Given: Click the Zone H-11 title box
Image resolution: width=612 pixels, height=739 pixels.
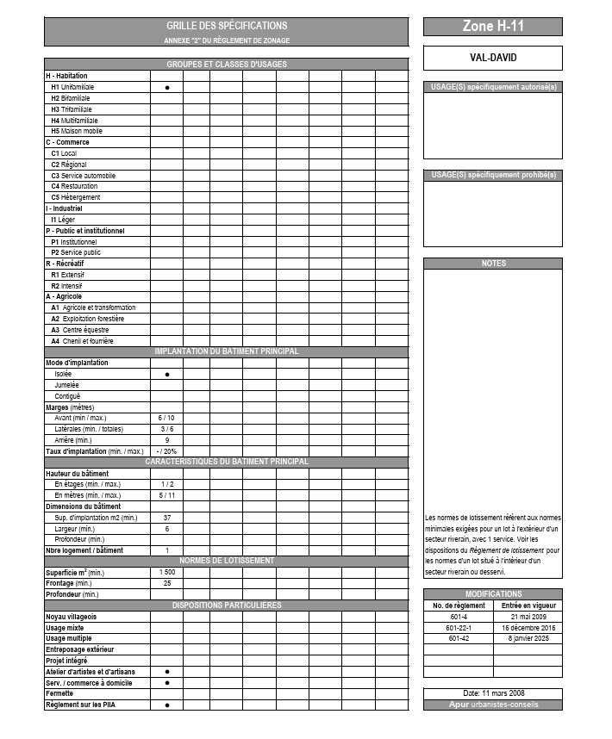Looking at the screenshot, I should pyautogui.click(x=492, y=27).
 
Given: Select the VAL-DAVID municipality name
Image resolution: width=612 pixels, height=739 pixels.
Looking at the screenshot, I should pyautogui.click(x=492, y=58).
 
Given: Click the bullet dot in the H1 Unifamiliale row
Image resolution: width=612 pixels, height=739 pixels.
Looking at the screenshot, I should pyautogui.click(x=166, y=88).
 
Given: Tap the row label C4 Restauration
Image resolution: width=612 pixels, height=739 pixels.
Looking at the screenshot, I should pyautogui.click(x=74, y=186).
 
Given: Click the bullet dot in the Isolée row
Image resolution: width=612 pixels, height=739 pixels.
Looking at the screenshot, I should pyautogui.click(x=166, y=375).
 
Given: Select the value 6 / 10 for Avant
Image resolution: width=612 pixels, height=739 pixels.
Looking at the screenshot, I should pyautogui.click(x=166, y=418).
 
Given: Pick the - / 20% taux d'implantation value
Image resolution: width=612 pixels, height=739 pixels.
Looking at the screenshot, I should pyautogui.click(x=166, y=450).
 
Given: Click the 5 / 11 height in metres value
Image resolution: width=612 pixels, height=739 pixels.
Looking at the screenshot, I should pyautogui.click(x=166, y=495).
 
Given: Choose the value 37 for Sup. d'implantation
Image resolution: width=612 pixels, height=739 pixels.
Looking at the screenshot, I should pyautogui.click(x=166, y=518).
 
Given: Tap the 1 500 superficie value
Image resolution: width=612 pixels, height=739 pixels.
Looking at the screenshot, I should pyautogui.click(x=166, y=572).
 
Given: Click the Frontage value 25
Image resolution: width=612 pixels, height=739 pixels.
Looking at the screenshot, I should pyautogui.click(x=166, y=583).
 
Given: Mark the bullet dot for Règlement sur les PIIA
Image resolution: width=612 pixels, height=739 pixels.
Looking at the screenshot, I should pyautogui.click(x=166, y=705).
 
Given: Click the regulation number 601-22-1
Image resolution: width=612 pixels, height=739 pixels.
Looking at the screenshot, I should pyautogui.click(x=458, y=628).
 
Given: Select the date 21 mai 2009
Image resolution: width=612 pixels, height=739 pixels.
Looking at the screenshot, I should pyautogui.click(x=528, y=617).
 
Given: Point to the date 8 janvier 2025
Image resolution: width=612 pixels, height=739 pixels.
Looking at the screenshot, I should pyautogui.click(x=528, y=639).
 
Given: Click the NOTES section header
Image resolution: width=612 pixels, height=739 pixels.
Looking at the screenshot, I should pyautogui.click(x=492, y=264).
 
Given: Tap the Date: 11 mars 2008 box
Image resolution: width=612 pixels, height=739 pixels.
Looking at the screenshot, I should pyautogui.click(x=492, y=693).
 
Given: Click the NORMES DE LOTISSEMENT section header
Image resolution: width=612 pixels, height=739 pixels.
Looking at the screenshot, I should pyautogui.click(x=226, y=561).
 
